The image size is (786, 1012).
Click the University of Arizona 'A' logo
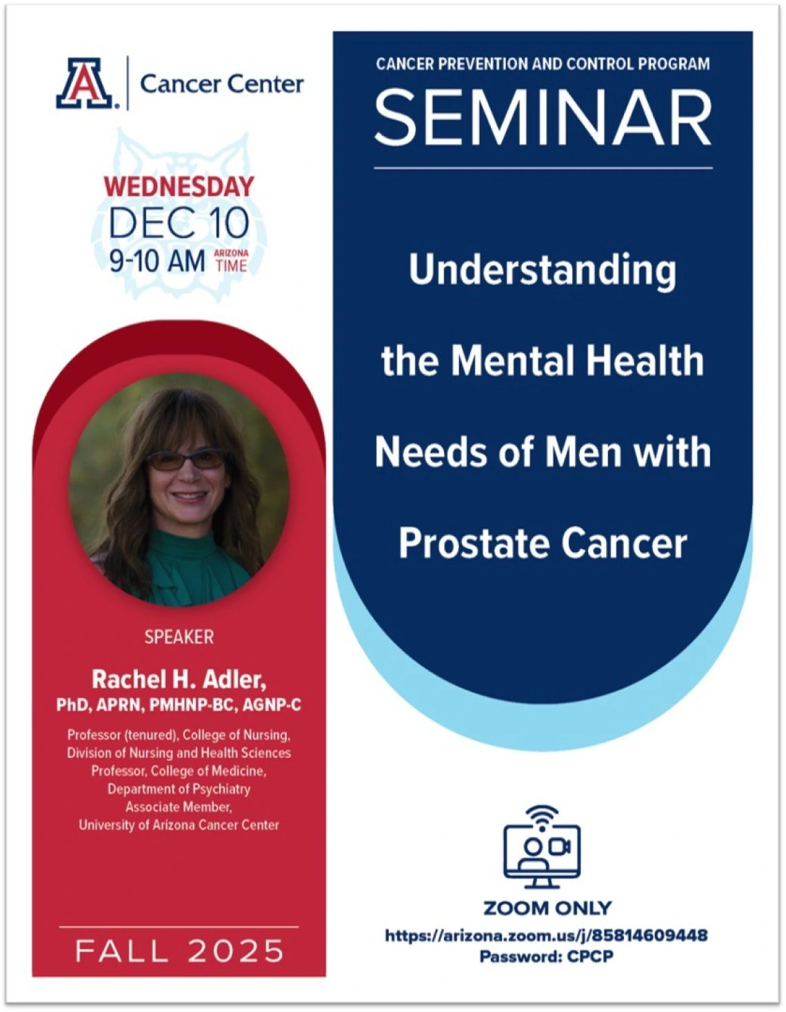pyautogui.click(x=85, y=83)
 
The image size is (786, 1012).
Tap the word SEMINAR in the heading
pyautogui.click(x=543, y=118)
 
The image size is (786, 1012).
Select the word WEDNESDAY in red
pyautogui.click(x=179, y=186)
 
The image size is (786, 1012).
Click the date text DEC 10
pyautogui.click(x=179, y=223)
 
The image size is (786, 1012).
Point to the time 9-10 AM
pyautogui.click(x=157, y=261)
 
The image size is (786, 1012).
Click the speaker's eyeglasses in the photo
pyautogui.click(x=186, y=459)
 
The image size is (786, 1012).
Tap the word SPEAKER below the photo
pyautogui.click(x=179, y=637)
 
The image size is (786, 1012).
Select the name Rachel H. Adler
pyautogui.click(x=179, y=679)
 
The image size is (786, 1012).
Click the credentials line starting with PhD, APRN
pyautogui.click(x=179, y=705)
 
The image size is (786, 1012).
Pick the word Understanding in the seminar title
pyautogui.click(x=543, y=269)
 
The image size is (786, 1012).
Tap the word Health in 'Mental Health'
pyautogui.click(x=644, y=361)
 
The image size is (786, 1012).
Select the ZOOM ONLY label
pyautogui.click(x=547, y=908)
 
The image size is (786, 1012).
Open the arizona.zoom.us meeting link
pyautogui.click(x=546, y=935)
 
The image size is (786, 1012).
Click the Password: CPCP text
pyautogui.click(x=546, y=956)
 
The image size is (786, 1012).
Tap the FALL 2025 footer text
pyautogui.click(x=179, y=951)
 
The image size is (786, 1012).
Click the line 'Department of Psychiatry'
pyautogui.click(x=179, y=788)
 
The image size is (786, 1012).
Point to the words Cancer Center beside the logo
pyautogui.click(x=221, y=84)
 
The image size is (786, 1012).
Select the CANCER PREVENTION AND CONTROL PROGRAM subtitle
pyautogui.click(x=543, y=64)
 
